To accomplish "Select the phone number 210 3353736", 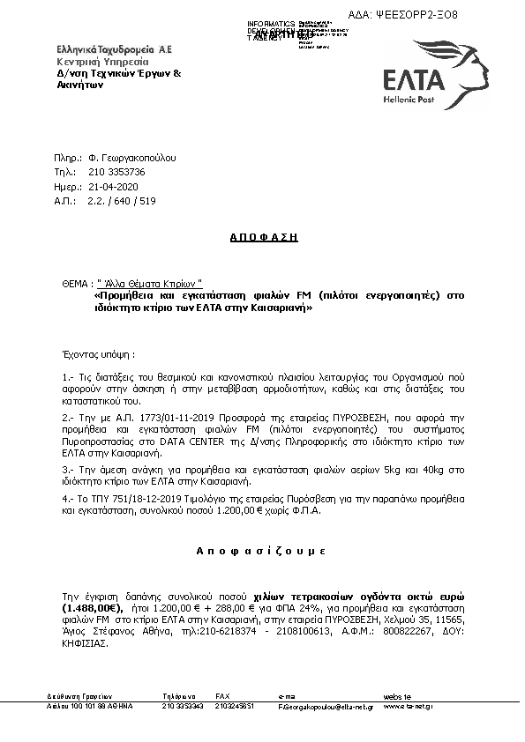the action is coord(116,173).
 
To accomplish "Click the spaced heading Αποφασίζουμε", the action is coord(261,550).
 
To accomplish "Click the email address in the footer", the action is coord(326,707).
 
